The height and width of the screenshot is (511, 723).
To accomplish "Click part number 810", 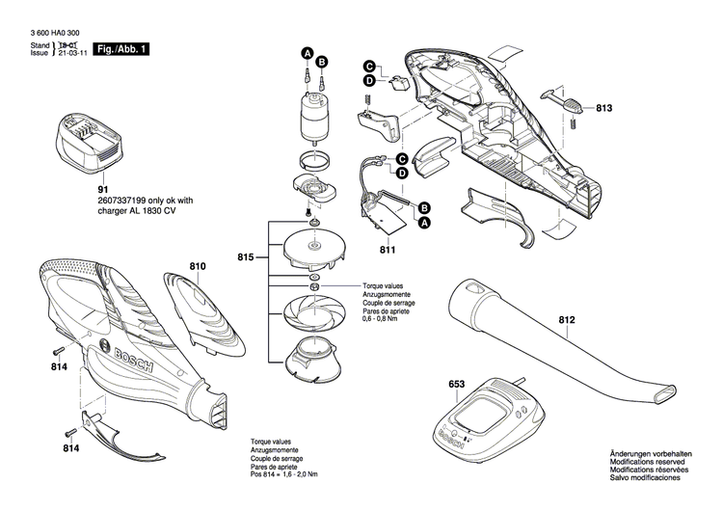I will pos(198,265).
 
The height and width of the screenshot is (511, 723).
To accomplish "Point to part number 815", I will pos(246,257).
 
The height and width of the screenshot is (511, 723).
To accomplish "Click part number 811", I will pos(388,250).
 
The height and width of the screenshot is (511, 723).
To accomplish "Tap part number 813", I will pos(603,108).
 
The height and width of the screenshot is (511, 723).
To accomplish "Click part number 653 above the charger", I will pos(457,386).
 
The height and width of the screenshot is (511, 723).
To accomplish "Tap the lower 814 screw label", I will pos(70,449).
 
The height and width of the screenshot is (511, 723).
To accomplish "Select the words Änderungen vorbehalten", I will pos(650,454).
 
